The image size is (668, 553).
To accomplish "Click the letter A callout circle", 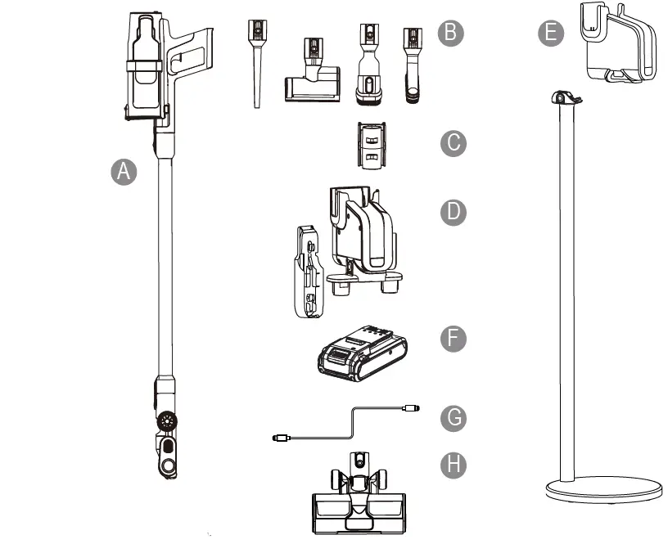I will pos(123,172).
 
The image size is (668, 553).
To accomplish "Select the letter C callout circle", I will pos(452,143).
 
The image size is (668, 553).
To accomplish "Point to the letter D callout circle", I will pos(452,213).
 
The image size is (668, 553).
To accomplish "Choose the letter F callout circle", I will pos(452,338).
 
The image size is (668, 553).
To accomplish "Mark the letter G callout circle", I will pos(452,417).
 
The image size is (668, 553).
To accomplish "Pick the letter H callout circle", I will pos(452,465).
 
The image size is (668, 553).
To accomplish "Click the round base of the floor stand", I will pos(604,491).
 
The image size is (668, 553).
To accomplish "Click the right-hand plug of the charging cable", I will pos(412,407).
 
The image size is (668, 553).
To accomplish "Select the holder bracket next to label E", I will pos(618,45).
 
